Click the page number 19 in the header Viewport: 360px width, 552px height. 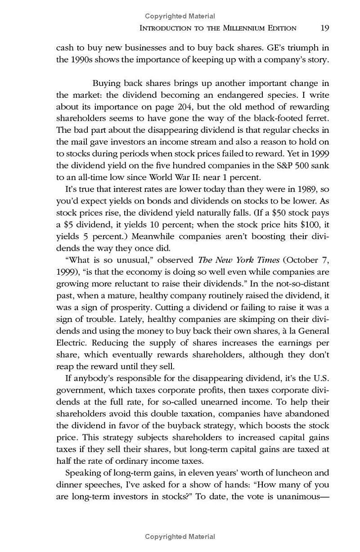325,28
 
